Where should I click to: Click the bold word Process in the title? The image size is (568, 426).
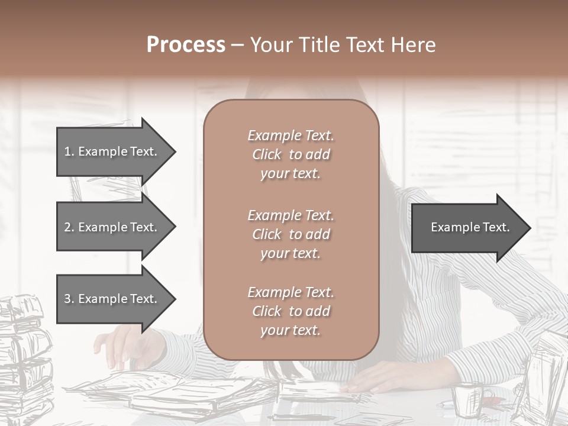[x=186, y=45]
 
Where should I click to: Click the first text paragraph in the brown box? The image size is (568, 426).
[x=291, y=154]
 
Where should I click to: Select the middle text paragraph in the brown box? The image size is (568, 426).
[x=291, y=234]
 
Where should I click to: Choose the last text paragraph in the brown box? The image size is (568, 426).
[x=291, y=311]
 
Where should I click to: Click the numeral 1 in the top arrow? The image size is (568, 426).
[x=67, y=151]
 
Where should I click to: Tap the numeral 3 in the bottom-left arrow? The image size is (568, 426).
[x=67, y=299]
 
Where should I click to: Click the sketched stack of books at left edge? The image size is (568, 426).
[x=24, y=355]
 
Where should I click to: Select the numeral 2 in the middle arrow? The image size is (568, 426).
[x=67, y=227]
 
